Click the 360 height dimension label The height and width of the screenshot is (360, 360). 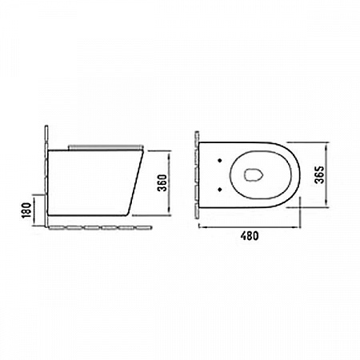point(162,182)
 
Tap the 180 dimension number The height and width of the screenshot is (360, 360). point(26,210)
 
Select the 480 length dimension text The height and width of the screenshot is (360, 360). point(250,236)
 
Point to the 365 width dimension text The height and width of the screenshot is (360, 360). point(319,174)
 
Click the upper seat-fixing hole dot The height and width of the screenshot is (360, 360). point(220,160)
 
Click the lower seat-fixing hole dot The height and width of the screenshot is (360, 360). point(220,190)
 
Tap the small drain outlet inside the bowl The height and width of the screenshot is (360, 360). point(254,175)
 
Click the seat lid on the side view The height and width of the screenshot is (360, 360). point(106,147)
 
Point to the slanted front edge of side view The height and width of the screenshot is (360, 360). point(135,182)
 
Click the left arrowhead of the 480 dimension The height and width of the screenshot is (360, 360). point(202,227)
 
